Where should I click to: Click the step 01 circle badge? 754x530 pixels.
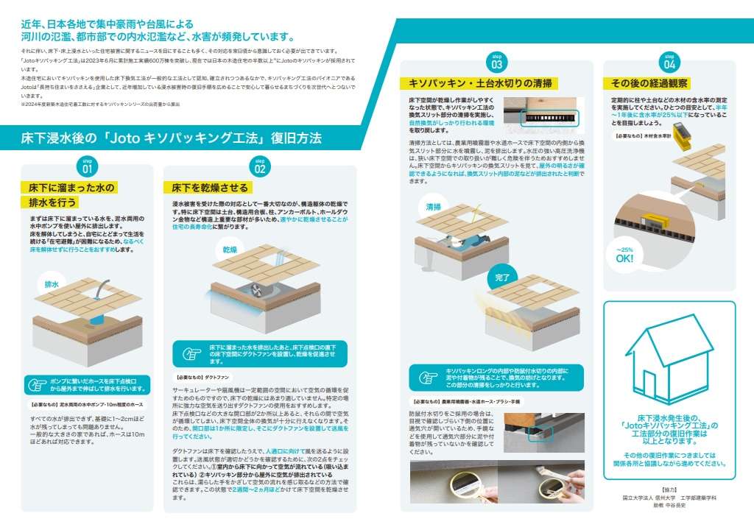tap(88, 166)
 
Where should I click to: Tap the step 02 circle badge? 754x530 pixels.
tap(259, 166)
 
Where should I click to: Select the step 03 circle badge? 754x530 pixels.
tap(496, 60)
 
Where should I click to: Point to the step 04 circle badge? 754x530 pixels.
tap(670, 60)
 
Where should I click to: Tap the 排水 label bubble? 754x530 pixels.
tap(52, 283)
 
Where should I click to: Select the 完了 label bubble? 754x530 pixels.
tap(502, 278)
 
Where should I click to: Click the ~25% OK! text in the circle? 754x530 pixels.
tap(624, 255)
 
